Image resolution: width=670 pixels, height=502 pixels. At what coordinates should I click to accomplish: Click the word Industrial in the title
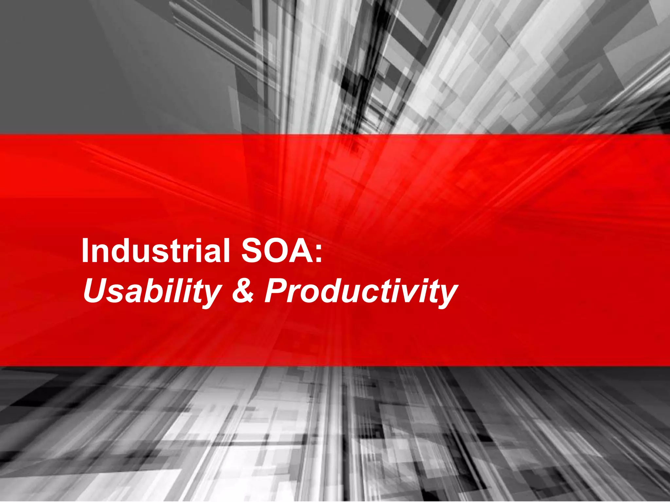tap(156, 251)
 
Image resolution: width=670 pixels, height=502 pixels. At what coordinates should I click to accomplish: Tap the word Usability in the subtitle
tap(152, 291)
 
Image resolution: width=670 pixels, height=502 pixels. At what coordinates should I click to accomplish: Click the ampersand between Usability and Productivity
tap(243, 291)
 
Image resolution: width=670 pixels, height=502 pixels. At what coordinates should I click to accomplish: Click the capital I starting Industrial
tap(85, 251)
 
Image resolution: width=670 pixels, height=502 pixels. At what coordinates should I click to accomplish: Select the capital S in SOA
tap(252, 251)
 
